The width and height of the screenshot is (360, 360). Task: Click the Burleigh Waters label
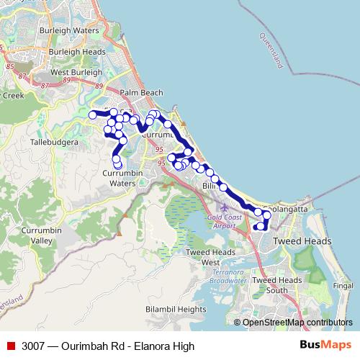(x=70, y=32)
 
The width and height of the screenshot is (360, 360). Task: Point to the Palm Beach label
(x=141, y=93)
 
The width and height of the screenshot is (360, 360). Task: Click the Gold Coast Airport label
(x=220, y=221)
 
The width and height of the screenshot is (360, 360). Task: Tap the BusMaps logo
(x=325, y=345)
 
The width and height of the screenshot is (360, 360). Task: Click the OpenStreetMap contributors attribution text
(x=297, y=323)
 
